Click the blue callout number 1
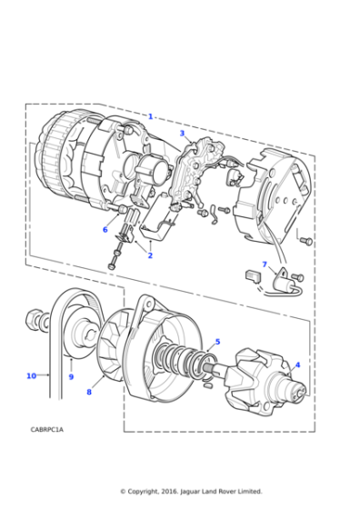pyautogui.click(x=150, y=116)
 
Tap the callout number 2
pyautogui.click(x=150, y=255)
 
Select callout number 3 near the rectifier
pyautogui.click(x=182, y=133)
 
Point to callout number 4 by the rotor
pyautogui.click(x=297, y=364)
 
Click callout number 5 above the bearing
pyautogui.click(x=217, y=342)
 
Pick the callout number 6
pyautogui.click(x=105, y=229)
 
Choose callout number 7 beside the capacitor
pyautogui.click(x=265, y=264)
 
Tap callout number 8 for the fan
pyautogui.click(x=89, y=392)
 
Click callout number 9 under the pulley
pyautogui.click(x=71, y=376)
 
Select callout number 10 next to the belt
pyautogui.click(x=31, y=375)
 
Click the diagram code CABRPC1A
pyautogui.click(x=47, y=429)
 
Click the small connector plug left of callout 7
pyautogui.click(x=253, y=276)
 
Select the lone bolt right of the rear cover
pyautogui.click(x=306, y=241)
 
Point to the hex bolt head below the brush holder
pyautogui.click(x=111, y=266)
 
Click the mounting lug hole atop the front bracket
pyautogui.click(x=149, y=304)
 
